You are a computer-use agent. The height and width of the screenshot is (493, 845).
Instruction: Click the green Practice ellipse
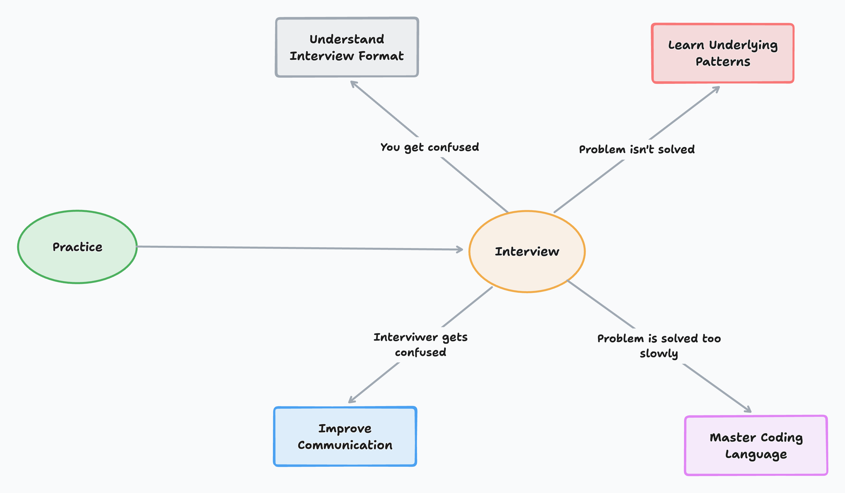77,247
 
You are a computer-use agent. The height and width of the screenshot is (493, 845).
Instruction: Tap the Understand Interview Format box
347,47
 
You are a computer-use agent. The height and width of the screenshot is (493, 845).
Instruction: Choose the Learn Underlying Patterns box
723,53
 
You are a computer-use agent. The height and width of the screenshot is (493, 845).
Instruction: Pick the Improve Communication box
345,436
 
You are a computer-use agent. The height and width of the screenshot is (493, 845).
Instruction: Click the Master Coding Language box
756,445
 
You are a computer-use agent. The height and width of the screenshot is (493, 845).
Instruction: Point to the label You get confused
429,147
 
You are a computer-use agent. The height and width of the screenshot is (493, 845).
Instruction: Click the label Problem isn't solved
636,149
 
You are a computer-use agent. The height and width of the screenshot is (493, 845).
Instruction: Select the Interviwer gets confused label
420,345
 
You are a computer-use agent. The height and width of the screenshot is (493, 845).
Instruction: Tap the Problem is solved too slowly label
659,346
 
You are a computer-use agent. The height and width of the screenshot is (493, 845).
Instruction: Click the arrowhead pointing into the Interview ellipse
460,249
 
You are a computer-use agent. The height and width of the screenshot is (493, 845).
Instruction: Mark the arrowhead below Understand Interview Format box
353,83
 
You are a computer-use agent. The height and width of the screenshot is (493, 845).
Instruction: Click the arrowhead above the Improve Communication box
351,400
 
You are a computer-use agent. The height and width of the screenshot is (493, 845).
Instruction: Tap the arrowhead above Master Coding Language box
748,410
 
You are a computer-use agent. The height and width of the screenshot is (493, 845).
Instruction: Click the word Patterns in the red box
723,62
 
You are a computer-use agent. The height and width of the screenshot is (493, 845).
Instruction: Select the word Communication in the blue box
345,445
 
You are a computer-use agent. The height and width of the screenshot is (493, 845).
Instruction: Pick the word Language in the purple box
756,454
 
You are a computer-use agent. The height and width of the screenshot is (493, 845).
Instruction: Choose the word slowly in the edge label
659,354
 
